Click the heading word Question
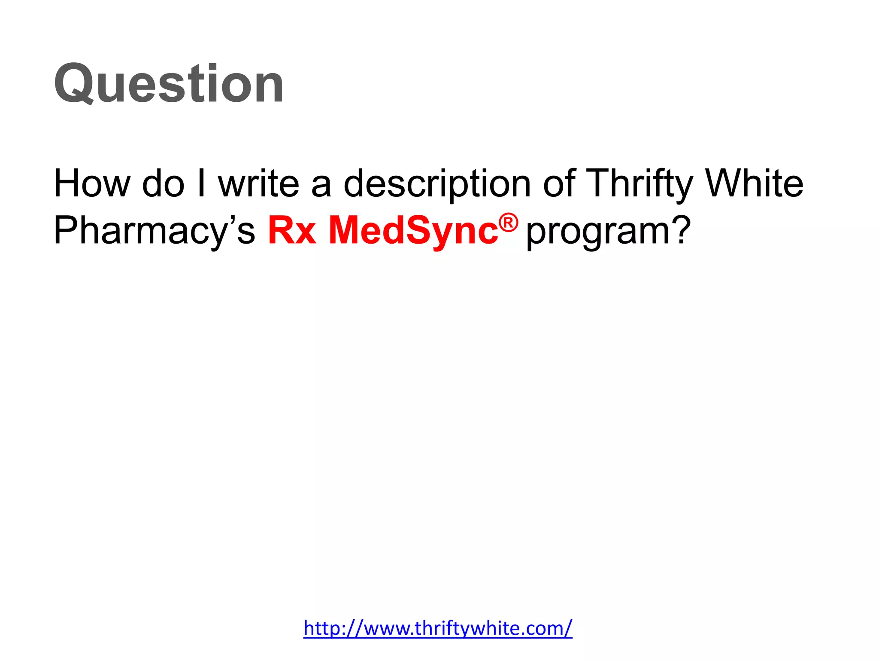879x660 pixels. tap(168, 83)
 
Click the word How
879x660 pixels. tap(91, 183)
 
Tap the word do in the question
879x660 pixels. tap(163, 183)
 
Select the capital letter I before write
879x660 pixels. tap(201, 183)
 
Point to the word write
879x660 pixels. tap(259, 183)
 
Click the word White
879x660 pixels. tap(755, 183)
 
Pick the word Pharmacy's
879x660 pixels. tap(154, 231)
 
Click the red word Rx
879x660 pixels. tap(292, 230)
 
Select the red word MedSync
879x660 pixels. tap(413, 231)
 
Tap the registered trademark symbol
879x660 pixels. tap(509, 223)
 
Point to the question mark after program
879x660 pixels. tap(681, 230)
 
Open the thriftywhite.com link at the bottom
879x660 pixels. tap(438, 628)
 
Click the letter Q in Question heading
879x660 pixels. tap(74, 84)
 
